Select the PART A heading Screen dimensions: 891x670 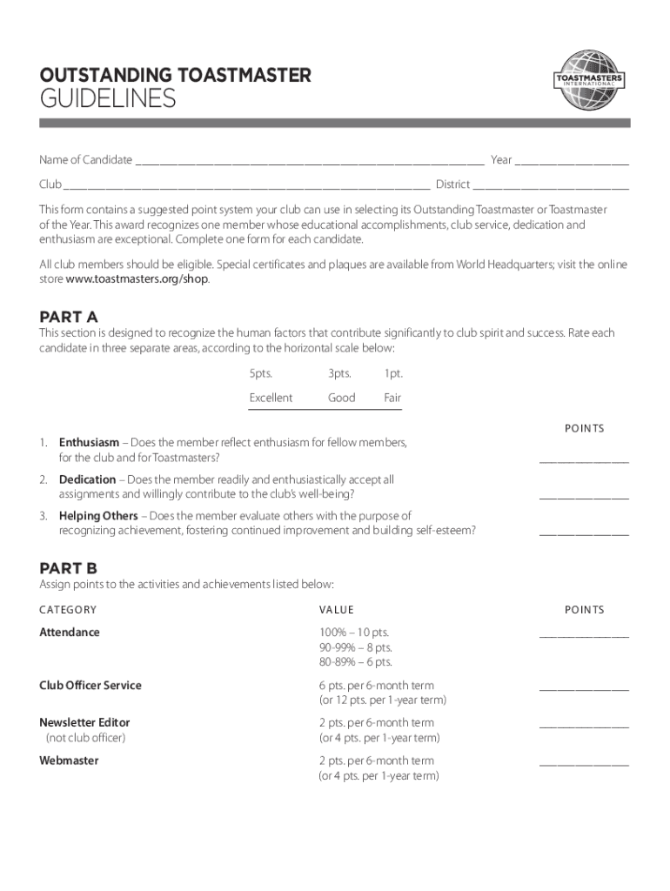69,316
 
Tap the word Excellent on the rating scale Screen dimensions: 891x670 271,398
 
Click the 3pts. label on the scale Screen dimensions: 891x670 339,373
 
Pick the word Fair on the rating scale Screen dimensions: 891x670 393,398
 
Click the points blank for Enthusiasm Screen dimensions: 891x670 584,461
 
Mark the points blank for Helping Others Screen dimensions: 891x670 584,533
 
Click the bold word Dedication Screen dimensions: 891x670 87,479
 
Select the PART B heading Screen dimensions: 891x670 69,567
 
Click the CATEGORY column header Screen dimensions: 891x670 68,610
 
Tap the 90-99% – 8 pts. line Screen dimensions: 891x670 355,647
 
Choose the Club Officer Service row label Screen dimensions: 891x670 90,686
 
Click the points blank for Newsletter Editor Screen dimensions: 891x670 584,726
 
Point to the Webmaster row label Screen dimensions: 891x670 69,760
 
